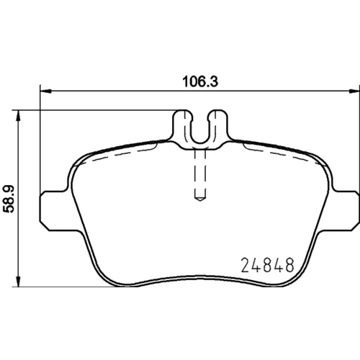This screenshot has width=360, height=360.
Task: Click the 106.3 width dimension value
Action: (200, 81)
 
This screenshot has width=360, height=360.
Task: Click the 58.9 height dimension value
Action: (9, 199)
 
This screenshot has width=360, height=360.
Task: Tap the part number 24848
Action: (267, 265)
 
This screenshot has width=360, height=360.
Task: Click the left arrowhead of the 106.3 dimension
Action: (45, 91)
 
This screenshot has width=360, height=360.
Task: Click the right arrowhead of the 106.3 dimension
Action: (354, 91)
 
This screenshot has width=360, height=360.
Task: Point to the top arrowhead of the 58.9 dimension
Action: (18, 116)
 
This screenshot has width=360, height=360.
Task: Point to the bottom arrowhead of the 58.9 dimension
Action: (18, 281)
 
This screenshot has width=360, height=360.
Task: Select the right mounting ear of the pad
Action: (346, 211)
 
